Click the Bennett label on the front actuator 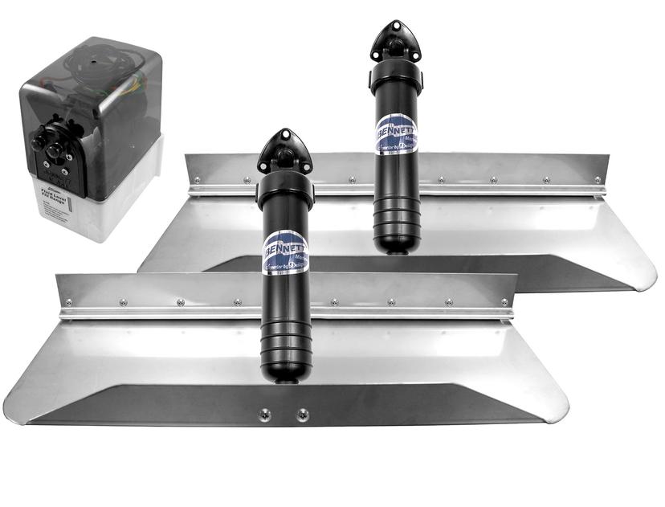tap(285, 248)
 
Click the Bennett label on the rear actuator tap(398, 133)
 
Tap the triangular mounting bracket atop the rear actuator tap(397, 41)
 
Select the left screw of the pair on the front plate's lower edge tap(265, 415)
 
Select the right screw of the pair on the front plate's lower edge tap(302, 415)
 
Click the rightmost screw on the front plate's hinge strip tap(504, 303)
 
